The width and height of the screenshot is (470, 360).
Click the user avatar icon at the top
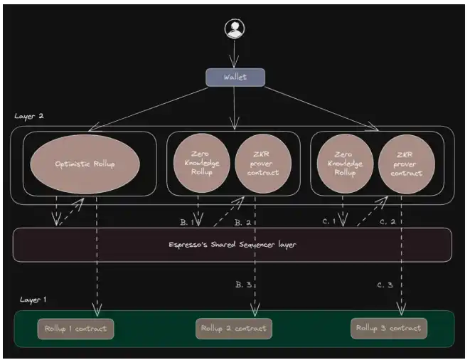(234, 28)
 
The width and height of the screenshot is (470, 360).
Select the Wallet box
(235, 77)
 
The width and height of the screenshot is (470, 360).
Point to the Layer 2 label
(29, 115)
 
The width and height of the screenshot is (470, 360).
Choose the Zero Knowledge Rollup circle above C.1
(344, 164)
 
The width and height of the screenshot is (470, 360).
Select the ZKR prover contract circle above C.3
(406, 164)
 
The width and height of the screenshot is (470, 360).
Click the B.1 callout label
(187, 222)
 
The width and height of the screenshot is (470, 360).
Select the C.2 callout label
(387, 222)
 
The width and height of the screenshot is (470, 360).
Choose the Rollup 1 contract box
(76, 329)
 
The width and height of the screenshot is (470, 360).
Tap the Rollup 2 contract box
(234, 329)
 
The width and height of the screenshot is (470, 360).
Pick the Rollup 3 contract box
(389, 329)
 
